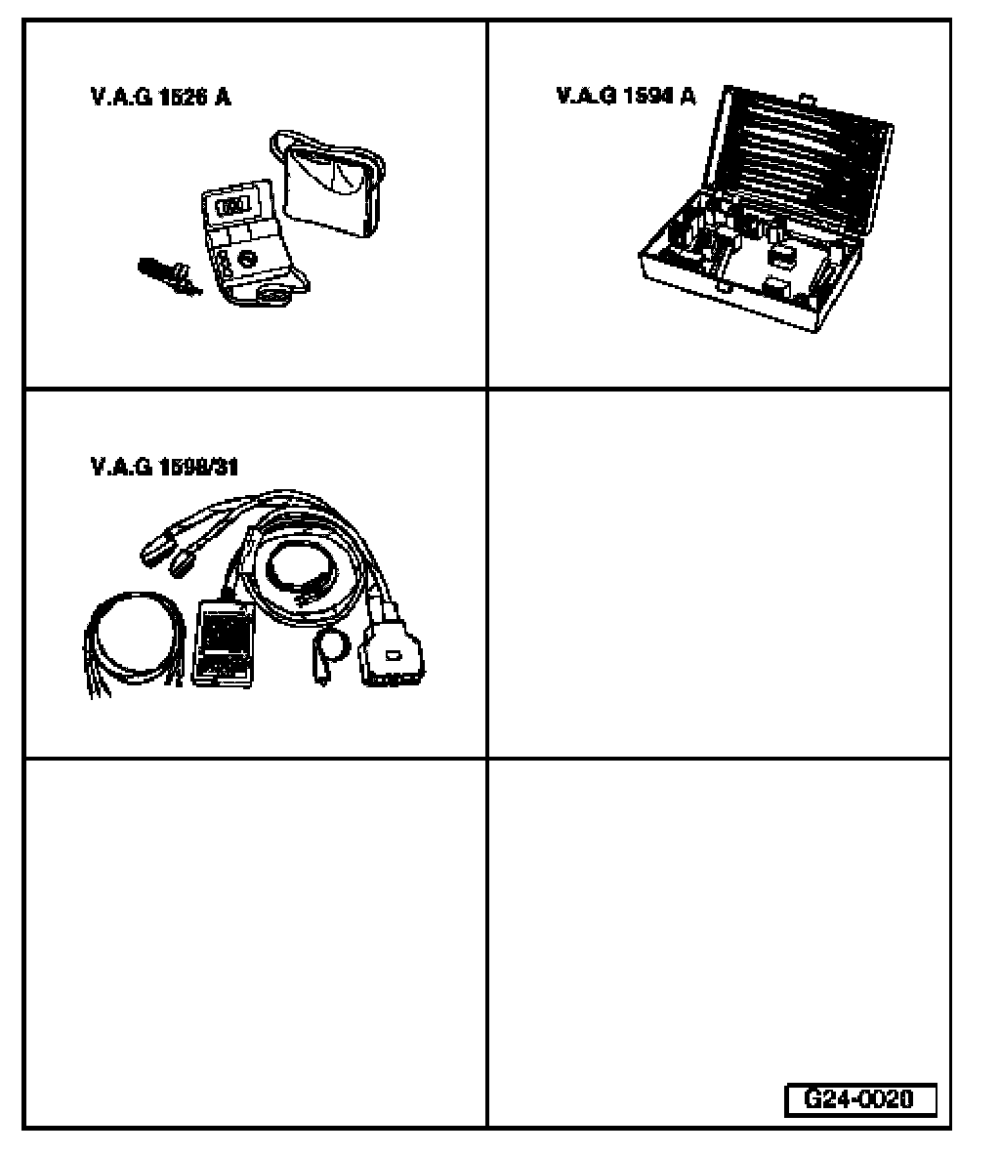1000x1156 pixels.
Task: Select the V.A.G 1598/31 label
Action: [164, 467]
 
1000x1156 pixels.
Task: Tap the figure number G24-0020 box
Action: [859, 1099]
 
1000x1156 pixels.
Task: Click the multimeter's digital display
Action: [231, 207]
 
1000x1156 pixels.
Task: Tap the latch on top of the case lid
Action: [807, 99]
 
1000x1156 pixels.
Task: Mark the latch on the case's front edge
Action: [720, 288]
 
